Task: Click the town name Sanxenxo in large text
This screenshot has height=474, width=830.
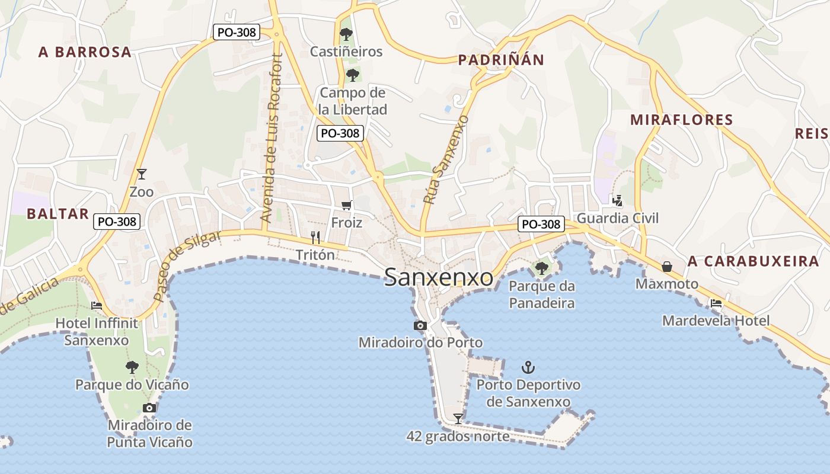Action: [438, 277]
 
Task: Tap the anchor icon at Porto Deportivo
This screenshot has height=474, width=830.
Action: [528, 368]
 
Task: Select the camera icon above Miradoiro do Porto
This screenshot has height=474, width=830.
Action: [420, 325]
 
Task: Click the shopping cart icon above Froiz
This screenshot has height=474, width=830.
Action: [347, 205]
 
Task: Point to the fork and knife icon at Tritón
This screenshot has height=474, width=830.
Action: [315, 238]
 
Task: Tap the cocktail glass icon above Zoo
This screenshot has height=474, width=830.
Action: [141, 174]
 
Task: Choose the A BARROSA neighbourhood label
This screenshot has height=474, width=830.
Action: [85, 52]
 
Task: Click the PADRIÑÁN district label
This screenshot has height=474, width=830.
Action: [501, 60]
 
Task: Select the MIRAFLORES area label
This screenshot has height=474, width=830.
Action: [681, 120]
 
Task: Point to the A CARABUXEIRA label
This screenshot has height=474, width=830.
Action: [754, 261]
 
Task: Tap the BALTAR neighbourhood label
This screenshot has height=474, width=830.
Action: [58, 214]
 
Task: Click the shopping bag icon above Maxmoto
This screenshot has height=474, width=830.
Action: [667, 267]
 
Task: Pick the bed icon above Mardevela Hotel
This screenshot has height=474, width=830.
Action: [716, 303]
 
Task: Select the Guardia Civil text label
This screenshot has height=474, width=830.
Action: [617, 218]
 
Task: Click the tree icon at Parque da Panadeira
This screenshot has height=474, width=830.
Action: [541, 268]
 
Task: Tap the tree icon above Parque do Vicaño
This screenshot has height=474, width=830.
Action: [132, 367]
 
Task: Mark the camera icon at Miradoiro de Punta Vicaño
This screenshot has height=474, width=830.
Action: [149, 408]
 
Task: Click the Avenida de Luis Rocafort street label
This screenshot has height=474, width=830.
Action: [272, 139]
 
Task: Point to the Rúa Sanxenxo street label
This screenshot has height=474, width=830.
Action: [445, 160]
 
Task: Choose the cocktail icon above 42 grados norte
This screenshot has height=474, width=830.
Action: [458, 419]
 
